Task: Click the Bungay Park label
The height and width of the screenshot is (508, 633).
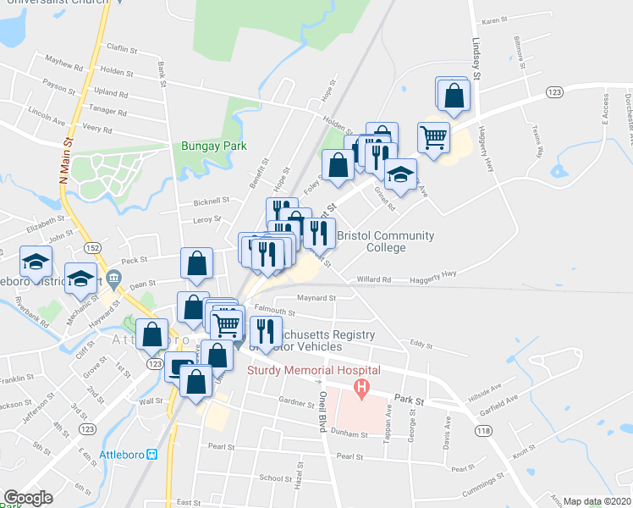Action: pyautogui.click(x=213, y=146)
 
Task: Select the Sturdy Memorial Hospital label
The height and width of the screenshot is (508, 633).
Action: pyautogui.click(x=313, y=370)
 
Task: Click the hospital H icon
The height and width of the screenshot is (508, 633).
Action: pyautogui.click(x=362, y=390)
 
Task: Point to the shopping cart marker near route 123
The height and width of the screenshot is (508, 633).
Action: pyautogui.click(x=433, y=135)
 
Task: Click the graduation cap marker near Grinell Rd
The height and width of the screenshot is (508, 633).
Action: pyautogui.click(x=401, y=175)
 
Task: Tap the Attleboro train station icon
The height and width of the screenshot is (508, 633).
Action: pyautogui.click(x=152, y=454)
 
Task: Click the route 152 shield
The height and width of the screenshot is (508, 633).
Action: pyautogui.click(x=93, y=246)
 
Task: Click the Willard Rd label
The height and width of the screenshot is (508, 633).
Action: pyautogui.click(x=373, y=279)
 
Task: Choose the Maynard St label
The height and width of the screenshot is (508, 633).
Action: pyautogui.click(x=316, y=298)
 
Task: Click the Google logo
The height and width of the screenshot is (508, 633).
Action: pyautogui.click(x=28, y=498)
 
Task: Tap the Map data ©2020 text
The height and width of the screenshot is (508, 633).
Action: pyautogui.click(x=597, y=501)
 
